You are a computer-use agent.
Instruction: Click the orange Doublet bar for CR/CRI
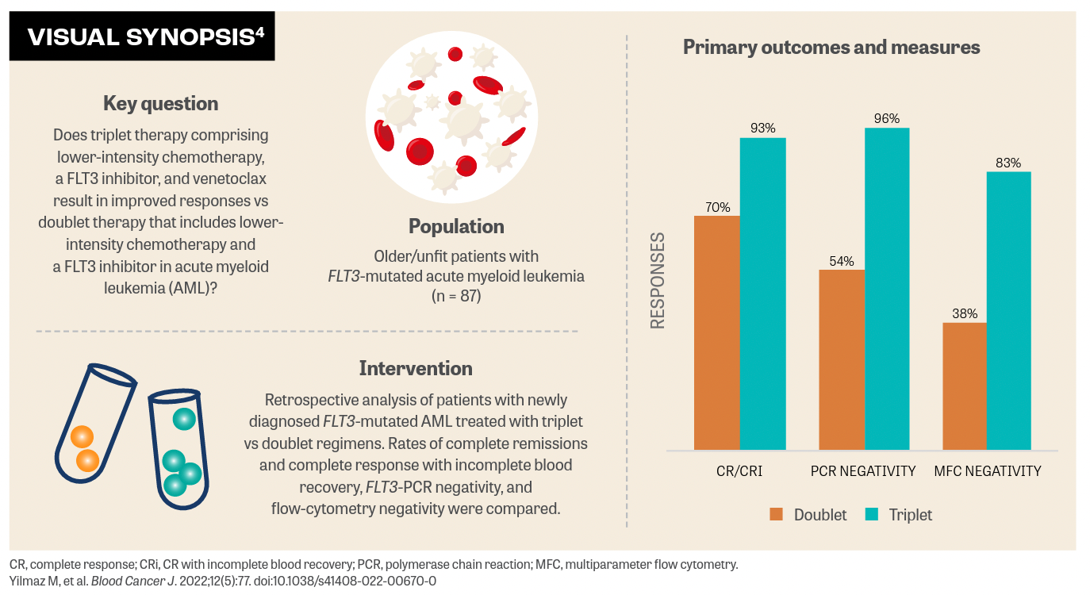point(716,333)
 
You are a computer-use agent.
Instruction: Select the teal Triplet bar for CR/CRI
point(762,294)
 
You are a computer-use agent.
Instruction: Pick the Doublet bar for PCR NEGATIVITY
point(841,360)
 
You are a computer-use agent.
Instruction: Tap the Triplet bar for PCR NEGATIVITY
point(887,289)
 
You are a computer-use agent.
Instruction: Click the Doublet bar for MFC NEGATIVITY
point(964,386)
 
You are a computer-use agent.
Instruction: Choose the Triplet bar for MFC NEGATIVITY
point(1008,311)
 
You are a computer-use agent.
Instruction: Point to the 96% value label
point(887,119)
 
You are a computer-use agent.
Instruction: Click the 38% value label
point(964,313)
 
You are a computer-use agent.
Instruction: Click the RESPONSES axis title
point(658,281)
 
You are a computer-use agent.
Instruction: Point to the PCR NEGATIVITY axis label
point(863,471)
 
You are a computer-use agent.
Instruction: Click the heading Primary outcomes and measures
point(831,48)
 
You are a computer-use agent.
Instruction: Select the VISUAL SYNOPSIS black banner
point(142,36)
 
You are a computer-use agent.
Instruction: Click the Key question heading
point(160,103)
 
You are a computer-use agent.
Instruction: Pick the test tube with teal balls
point(179,449)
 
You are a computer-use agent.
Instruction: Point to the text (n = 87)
point(455,296)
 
